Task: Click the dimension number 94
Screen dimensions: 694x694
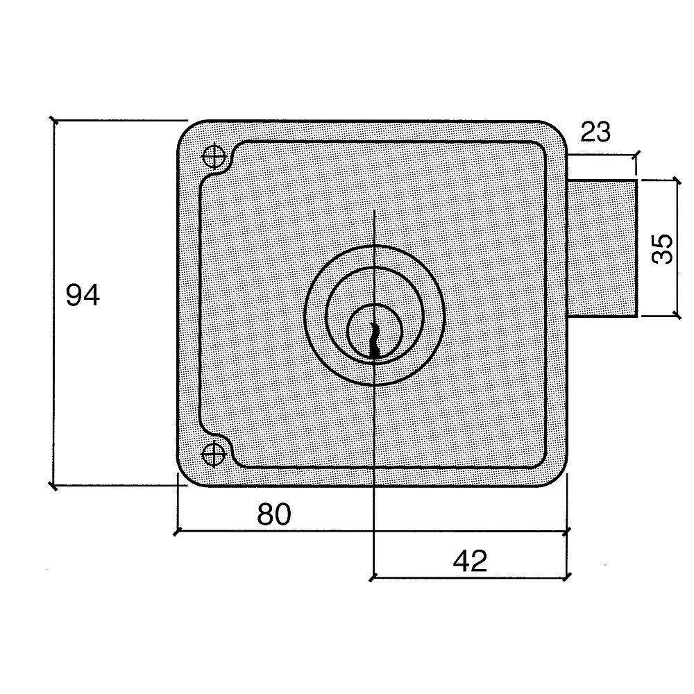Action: tap(83, 295)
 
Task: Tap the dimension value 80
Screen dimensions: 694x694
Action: tap(274, 514)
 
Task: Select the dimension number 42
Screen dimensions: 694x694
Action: tap(470, 561)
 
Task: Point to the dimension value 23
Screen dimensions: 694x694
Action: tap(595, 131)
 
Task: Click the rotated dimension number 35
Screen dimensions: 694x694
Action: tap(663, 248)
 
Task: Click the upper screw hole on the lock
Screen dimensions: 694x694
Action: tap(214, 155)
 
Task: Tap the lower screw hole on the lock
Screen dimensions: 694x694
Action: tap(214, 454)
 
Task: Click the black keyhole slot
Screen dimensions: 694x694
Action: tap(375, 339)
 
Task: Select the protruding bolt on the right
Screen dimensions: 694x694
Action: tap(602, 248)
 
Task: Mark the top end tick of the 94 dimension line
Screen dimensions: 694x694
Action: tap(54, 120)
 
